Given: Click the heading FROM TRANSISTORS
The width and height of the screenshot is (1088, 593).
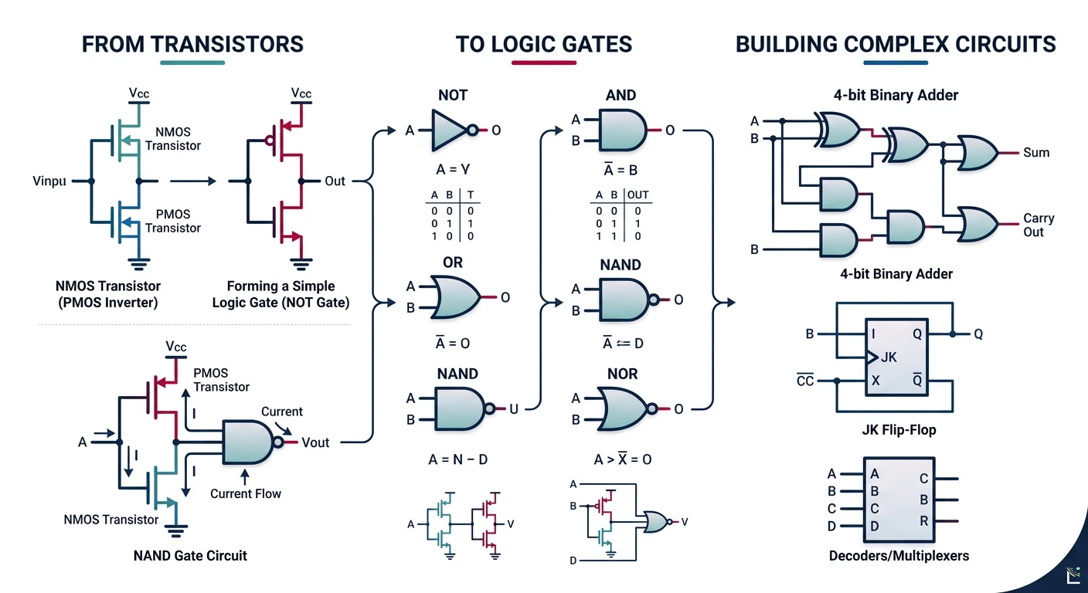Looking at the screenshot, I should tap(192, 44).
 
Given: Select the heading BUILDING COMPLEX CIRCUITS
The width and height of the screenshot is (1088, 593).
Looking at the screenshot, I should tap(896, 44).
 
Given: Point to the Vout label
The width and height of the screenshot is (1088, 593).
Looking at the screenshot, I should tap(315, 442).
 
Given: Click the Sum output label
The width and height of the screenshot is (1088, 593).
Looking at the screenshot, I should tap(1035, 153).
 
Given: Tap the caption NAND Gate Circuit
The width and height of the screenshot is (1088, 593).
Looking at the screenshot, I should tap(190, 555).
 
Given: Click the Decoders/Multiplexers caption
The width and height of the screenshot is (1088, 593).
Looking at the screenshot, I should tap(898, 555).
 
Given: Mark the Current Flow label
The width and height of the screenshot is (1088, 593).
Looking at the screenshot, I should tap(246, 493).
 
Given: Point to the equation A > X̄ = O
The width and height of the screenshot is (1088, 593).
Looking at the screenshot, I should tap(622, 459).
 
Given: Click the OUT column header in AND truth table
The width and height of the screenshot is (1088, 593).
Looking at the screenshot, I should tap(637, 195).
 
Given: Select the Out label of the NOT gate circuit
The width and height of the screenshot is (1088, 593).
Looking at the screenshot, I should tap(335, 181).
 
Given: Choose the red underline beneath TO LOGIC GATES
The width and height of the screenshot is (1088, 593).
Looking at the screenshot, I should tap(544, 63).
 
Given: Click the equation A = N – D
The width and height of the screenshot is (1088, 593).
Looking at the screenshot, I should tap(457, 459).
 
